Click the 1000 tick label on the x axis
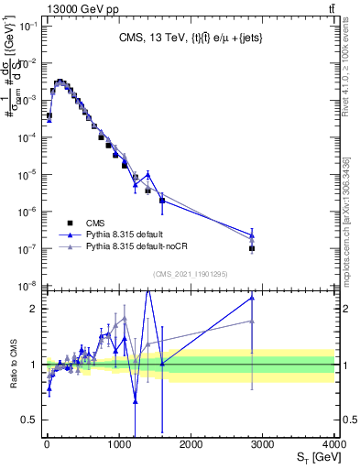pyautogui.click(x=119, y=444)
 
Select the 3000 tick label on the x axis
pyautogui.click(x=263, y=444)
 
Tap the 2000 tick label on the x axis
pyautogui.click(x=191, y=444)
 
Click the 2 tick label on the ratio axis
pyautogui.click(x=35, y=309)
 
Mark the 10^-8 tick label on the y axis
pyautogui.click(x=28, y=287)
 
